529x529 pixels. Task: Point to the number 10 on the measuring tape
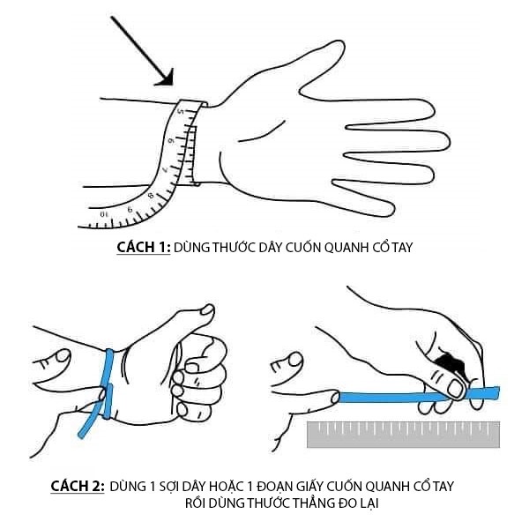[x=104, y=212]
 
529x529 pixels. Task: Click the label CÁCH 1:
[x=143, y=248]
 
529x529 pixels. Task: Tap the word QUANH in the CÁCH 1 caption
[x=332, y=248]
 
